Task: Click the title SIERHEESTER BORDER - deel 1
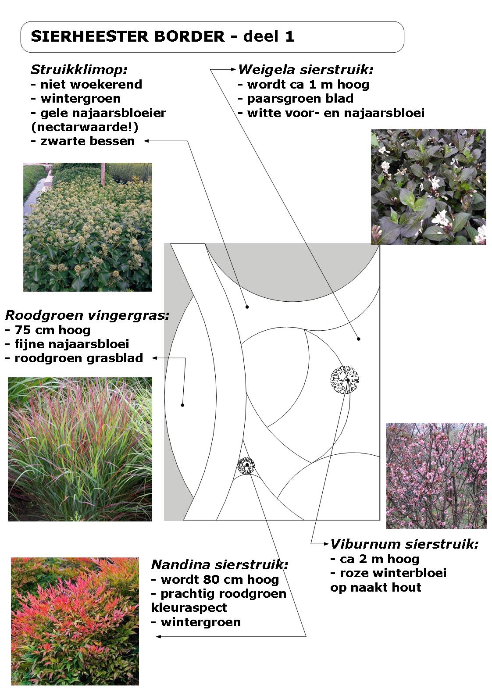point(162,36)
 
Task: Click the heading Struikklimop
point(79,69)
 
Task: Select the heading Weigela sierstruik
point(306,69)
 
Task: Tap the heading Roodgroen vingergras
point(87,315)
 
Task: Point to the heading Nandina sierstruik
point(219,564)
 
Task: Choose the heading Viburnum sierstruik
point(404,544)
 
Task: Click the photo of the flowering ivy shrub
point(88,227)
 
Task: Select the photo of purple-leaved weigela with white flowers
point(428,186)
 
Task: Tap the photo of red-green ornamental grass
point(80,449)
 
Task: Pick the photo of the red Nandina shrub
point(75,621)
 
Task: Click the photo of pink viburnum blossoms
point(436,475)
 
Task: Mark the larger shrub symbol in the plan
point(345,380)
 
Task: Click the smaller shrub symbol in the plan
point(246,466)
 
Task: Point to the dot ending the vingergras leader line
point(182,405)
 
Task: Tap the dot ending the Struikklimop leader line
point(247,307)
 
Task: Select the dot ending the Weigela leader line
point(359,339)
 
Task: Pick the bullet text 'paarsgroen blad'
point(300,99)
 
